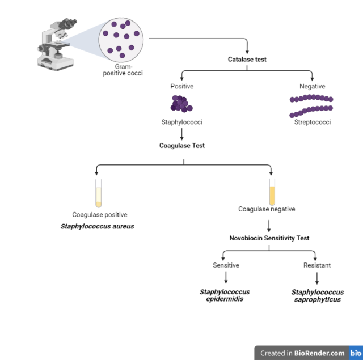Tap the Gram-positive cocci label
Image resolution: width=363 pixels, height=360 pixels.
(x=123, y=70)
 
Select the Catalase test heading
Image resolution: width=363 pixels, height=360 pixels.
(x=247, y=59)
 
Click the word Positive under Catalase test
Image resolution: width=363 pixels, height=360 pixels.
(x=181, y=86)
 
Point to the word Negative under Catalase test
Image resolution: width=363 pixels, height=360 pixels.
(x=312, y=86)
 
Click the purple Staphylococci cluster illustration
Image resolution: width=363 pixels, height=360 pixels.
(x=181, y=104)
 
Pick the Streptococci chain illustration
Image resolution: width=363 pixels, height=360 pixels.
(x=311, y=105)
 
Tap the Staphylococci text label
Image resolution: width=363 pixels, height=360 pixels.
(x=181, y=122)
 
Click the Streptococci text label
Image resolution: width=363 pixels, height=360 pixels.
(x=312, y=122)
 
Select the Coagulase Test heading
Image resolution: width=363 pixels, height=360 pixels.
(x=181, y=145)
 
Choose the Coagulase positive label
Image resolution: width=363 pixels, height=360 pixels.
(x=99, y=215)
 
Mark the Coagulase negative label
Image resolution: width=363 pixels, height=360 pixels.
(x=267, y=209)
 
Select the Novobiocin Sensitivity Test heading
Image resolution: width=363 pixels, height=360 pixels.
(x=269, y=238)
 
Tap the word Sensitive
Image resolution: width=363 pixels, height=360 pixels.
(x=226, y=265)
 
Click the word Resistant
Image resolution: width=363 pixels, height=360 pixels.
(x=317, y=265)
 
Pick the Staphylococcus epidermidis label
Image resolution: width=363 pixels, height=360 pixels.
(x=225, y=295)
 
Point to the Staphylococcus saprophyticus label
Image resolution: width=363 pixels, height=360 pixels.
(x=318, y=295)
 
